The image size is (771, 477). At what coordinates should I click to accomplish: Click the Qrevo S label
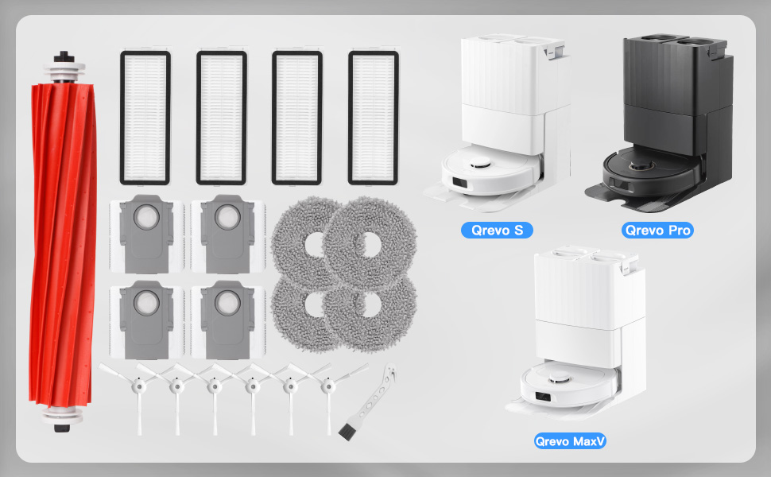click(x=497, y=231)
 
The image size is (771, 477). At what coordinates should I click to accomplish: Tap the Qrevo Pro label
click(x=657, y=231)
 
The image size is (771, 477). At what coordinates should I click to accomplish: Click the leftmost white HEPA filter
click(x=145, y=117)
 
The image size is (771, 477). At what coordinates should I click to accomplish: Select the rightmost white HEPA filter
click(x=373, y=117)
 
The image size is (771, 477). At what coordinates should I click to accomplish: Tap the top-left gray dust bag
click(x=146, y=231)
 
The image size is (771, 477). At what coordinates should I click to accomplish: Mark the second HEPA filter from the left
click(x=221, y=117)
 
